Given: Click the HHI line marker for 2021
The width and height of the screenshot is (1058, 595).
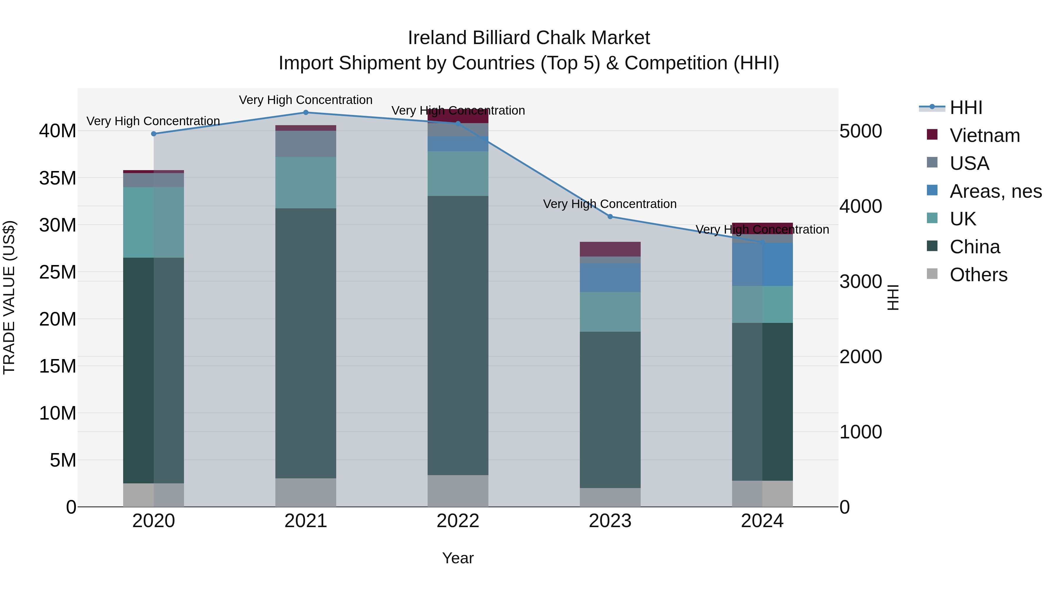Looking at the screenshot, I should click(306, 113).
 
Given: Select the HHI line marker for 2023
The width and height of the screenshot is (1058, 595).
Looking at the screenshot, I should click(610, 216).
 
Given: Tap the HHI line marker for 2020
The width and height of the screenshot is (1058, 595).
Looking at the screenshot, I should click(154, 134).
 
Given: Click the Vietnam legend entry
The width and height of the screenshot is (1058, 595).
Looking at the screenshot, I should click(985, 135).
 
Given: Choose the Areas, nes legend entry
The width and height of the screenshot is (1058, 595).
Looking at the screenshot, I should click(995, 191).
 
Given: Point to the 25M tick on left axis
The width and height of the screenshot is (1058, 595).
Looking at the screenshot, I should click(58, 272).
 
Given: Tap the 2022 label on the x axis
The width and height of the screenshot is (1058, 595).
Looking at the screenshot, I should click(458, 521).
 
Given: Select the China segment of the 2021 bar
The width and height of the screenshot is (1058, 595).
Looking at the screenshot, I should click(306, 343).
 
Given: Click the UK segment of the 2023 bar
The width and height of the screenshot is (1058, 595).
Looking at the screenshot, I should click(610, 312).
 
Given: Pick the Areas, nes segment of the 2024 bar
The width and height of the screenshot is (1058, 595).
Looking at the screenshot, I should click(762, 264).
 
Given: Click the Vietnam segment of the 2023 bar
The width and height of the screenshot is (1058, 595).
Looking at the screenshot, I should click(610, 249).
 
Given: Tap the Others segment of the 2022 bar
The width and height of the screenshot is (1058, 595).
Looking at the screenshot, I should click(458, 491).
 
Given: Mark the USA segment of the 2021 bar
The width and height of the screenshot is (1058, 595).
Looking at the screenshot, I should click(306, 144).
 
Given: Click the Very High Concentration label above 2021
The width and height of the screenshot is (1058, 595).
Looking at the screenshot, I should click(306, 100).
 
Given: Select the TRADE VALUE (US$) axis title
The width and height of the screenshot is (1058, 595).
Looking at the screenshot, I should click(9, 297).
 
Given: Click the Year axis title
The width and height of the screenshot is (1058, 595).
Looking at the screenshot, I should click(458, 558).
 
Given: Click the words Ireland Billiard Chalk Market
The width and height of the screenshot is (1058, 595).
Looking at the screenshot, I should click(529, 38).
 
